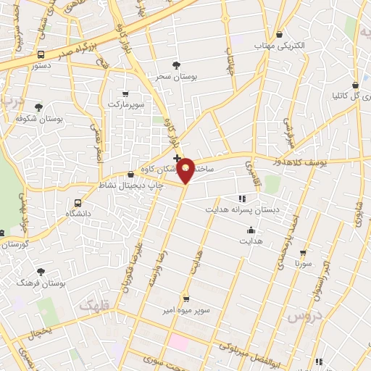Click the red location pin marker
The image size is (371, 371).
coord(186,170)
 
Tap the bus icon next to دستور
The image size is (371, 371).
coord(41,54)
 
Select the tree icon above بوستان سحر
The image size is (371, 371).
coord(177,65)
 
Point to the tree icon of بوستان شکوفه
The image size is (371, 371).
coord(38,107)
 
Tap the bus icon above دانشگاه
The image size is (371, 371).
coord(78,203)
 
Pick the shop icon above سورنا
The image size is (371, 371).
coord(303,253)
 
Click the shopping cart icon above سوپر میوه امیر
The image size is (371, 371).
coord(186,299)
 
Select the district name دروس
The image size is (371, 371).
coord(302,317)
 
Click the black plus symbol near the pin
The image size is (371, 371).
coord(177,157)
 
